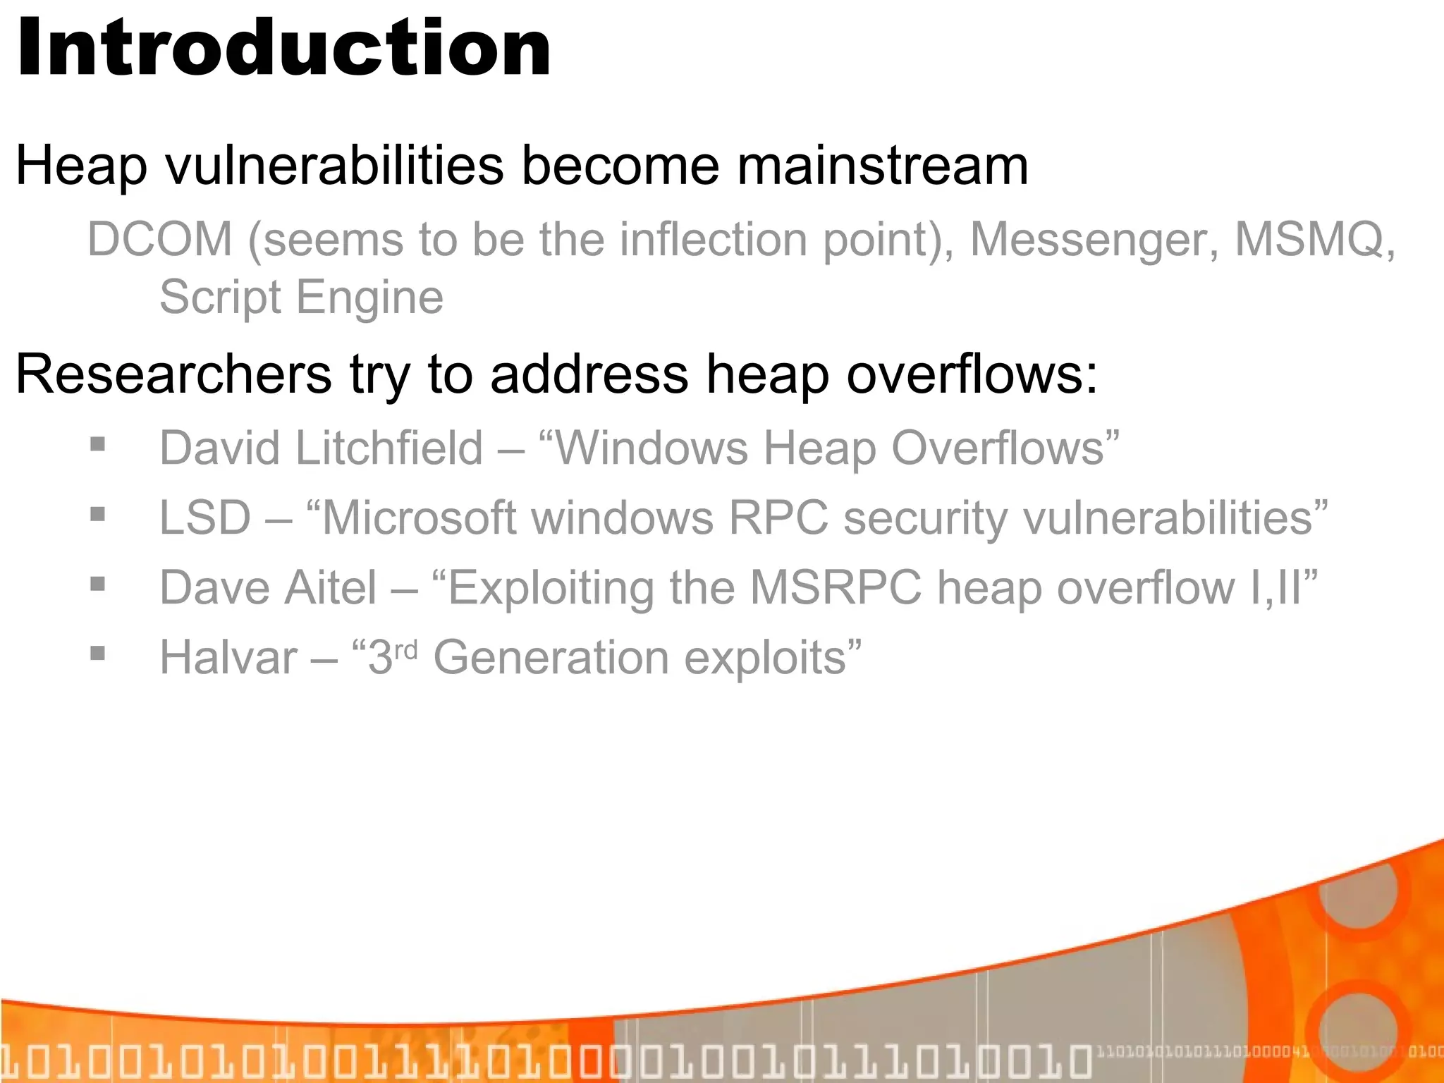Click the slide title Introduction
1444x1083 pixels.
click(282, 48)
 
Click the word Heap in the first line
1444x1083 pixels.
click(81, 166)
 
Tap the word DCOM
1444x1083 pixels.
click(159, 239)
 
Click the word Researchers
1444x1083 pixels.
click(173, 374)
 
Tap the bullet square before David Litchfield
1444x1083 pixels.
click(98, 444)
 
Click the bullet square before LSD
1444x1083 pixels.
click(98, 514)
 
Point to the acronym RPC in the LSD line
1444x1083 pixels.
click(778, 518)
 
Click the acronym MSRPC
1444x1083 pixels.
click(836, 588)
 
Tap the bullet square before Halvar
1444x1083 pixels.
click(98, 653)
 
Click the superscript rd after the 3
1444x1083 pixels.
click(406, 649)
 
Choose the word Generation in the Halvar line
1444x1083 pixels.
click(551, 658)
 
